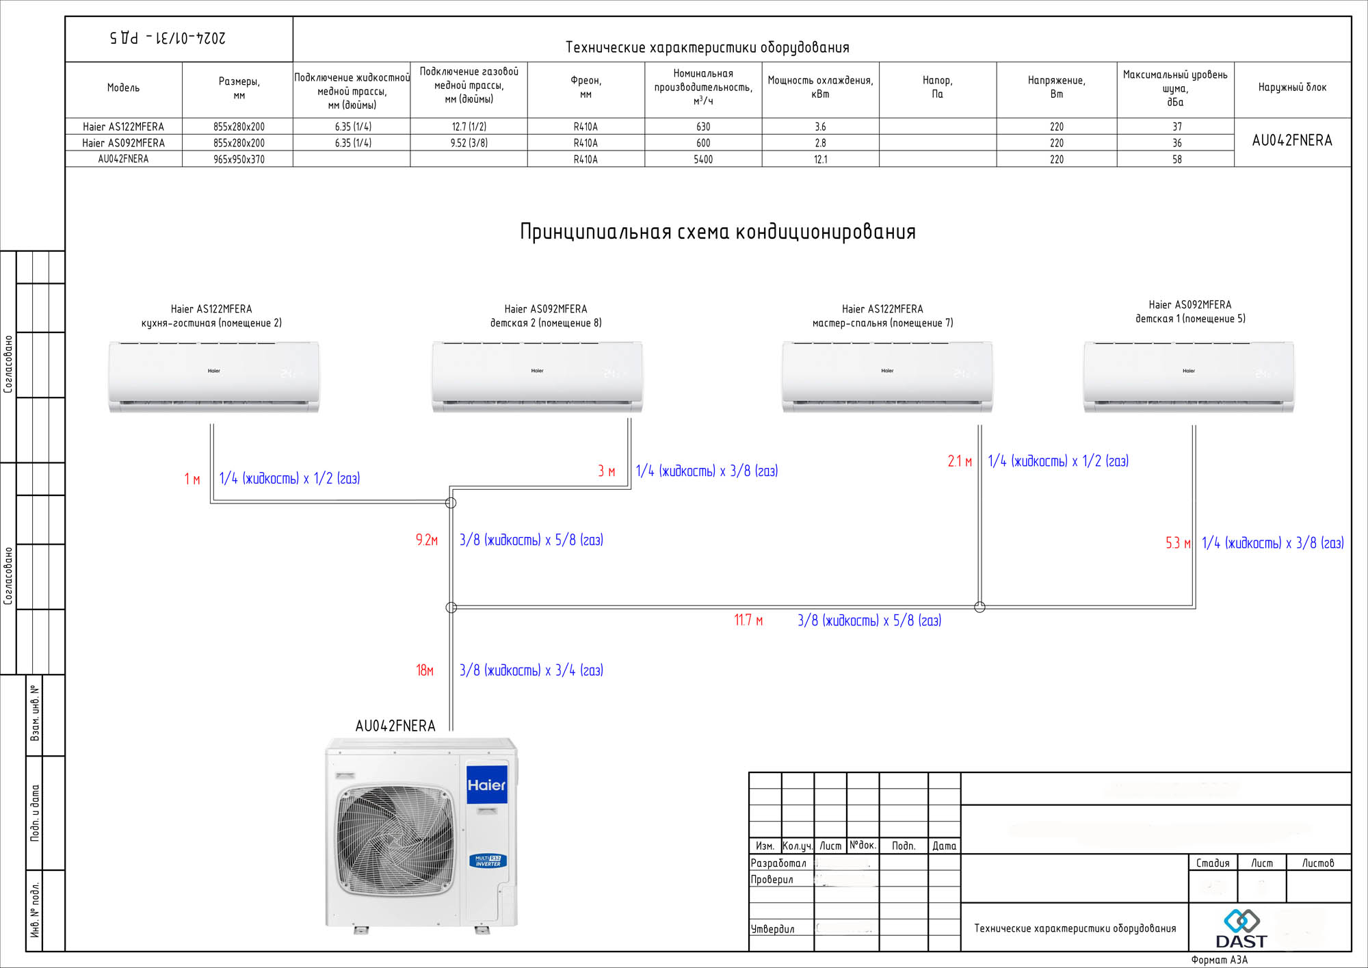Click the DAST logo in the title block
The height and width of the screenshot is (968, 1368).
point(1241,929)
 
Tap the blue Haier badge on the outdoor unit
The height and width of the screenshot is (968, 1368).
point(486,785)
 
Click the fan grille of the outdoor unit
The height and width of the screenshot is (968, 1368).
point(395,840)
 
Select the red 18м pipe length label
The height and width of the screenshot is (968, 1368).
point(425,670)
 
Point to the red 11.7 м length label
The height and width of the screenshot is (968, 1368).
point(748,620)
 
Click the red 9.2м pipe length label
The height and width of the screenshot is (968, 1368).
point(427,540)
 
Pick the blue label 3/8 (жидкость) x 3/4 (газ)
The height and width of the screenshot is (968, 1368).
point(531,670)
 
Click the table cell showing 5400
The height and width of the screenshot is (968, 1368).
point(703,159)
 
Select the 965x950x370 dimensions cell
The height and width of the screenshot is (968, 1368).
point(239,159)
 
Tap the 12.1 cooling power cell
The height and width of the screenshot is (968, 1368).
point(820,159)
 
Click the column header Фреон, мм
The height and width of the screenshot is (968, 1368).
point(586,88)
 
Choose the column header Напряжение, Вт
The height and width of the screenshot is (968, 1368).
point(1056,88)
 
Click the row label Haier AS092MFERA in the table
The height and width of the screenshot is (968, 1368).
point(123,143)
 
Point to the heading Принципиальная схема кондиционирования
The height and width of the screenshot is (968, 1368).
point(718,232)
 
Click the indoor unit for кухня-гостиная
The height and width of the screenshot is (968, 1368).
point(213,377)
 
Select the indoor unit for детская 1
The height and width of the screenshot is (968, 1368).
point(1188,377)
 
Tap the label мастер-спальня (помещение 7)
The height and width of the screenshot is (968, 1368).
point(882,323)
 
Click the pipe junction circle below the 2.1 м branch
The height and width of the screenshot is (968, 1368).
point(979,607)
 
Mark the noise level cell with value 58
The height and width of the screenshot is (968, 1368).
point(1176,159)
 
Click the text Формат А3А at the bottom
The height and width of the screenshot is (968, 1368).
point(1219,960)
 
